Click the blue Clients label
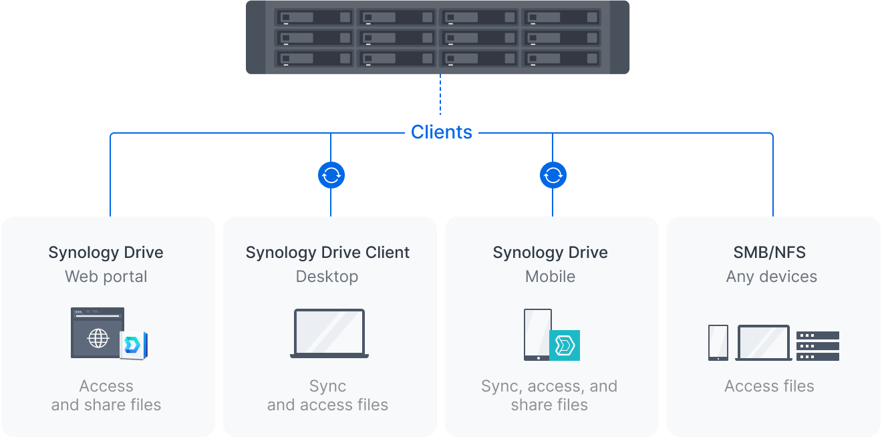pos(441,132)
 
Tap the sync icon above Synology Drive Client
pos(331,175)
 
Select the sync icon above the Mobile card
pos(553,175)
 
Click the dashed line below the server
pos(440,94)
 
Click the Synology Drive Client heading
pos(327,253)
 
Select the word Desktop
pos(327,277)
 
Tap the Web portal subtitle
pos(106,277)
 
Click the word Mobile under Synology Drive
pos(550,277)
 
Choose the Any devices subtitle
pos(771,277)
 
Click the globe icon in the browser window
pos(98,338)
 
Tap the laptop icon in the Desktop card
pos(329,333)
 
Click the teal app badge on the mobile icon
pos(565,345)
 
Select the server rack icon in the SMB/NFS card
pos(817,345)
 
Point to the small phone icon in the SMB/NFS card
pos(718,343)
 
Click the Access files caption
pos(769,386)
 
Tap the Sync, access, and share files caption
pos(549,396)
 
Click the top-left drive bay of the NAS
pos(314,17)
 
